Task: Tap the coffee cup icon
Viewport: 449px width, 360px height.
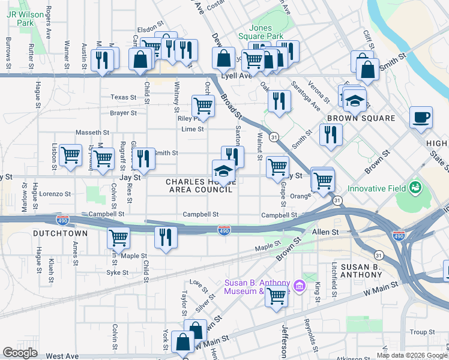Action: (421, 116)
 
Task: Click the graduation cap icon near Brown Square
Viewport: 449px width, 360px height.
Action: (355, 100)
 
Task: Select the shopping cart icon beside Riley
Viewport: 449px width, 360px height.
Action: (203, 106)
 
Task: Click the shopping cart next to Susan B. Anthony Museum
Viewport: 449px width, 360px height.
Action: (277, 295)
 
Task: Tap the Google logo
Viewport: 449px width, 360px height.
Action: (20, 353)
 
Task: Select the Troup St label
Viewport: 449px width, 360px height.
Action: (423, 332)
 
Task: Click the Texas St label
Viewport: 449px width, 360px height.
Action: (124, 97)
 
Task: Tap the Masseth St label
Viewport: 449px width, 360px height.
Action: (92, 133)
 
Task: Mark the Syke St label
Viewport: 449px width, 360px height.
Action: (117, 272)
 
